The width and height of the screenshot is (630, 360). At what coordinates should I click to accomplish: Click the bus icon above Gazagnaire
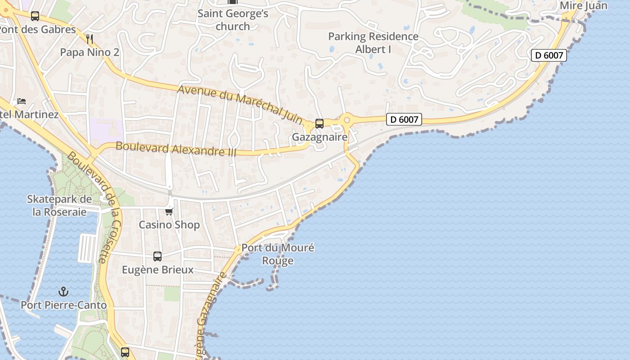tap(319, 123)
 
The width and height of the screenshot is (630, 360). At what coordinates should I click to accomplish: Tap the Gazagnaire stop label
tap(319, 137)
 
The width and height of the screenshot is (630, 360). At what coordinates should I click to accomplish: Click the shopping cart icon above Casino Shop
tap(169, 211)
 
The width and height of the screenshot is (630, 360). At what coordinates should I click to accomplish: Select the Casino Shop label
tap(169, 225)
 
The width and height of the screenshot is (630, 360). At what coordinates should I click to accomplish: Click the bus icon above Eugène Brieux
tap(157, 256)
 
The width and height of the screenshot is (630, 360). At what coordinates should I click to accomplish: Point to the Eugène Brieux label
tap(158, 270)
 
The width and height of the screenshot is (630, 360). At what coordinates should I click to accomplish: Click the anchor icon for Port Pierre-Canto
tap(63, 292)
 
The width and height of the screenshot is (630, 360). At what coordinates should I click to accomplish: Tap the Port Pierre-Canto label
tap(63, 305)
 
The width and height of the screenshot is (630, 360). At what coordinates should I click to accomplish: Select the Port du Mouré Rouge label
tap(278, 254)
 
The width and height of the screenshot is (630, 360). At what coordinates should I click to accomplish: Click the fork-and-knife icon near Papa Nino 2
tap(90, 39)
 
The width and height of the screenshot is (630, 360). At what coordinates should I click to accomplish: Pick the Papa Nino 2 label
tap(90, 52)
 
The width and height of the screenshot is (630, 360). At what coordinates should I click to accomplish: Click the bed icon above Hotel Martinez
tap(22, 101)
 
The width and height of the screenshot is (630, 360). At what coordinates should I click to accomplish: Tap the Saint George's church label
tap(233, 20)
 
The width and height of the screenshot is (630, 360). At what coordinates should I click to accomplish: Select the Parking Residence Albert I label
tap(373, 43)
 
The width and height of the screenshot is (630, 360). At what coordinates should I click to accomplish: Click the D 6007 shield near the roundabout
tap(404, 120)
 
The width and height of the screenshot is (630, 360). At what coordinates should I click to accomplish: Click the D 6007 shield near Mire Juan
tap(549, 55)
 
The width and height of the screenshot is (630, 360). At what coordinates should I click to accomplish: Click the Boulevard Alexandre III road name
tap(176, 148)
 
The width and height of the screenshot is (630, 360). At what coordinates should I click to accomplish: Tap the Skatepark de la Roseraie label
tap(59, 205)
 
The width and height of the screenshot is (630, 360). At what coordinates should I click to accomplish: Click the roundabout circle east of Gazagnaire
tap(346, 120)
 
